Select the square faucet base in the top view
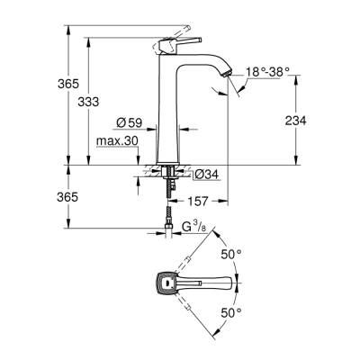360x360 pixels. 166,283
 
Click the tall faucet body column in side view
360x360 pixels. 170,117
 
